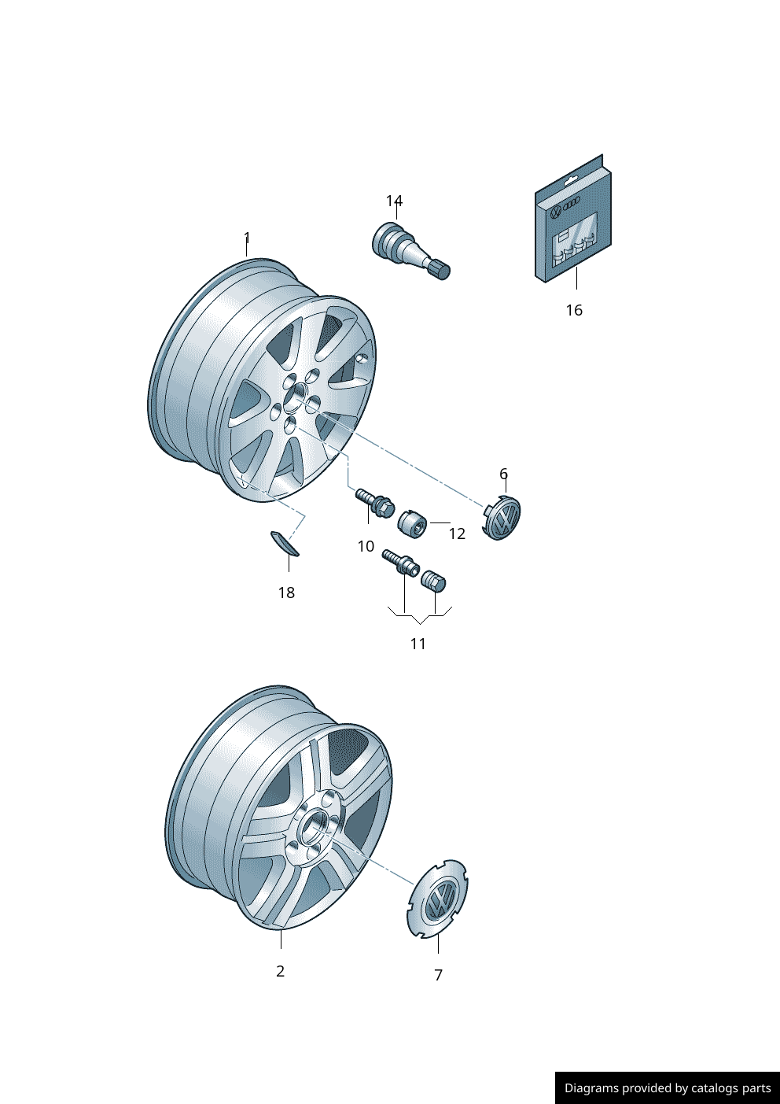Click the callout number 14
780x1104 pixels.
(394, 201)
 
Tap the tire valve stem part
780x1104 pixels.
(410, 250)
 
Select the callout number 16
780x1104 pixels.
(574, 311)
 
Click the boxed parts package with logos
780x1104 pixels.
(574, 218)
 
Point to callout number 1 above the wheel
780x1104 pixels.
(247, 238)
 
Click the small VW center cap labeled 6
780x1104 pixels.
(502, 517)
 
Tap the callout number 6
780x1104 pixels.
(503, 474)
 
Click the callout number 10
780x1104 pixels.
(366, 546)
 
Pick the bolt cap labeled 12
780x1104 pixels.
(411, 524)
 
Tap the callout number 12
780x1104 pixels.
(457, 534)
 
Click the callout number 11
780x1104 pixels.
(418, 644)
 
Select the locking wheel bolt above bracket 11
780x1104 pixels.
(401, 563)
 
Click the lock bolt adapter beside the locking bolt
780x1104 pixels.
(433, 581)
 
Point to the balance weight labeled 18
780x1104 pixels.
(285, 543)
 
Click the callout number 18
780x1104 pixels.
(286, 593)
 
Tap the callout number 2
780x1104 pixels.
(280, 971)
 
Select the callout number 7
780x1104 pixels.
(438, 975)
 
